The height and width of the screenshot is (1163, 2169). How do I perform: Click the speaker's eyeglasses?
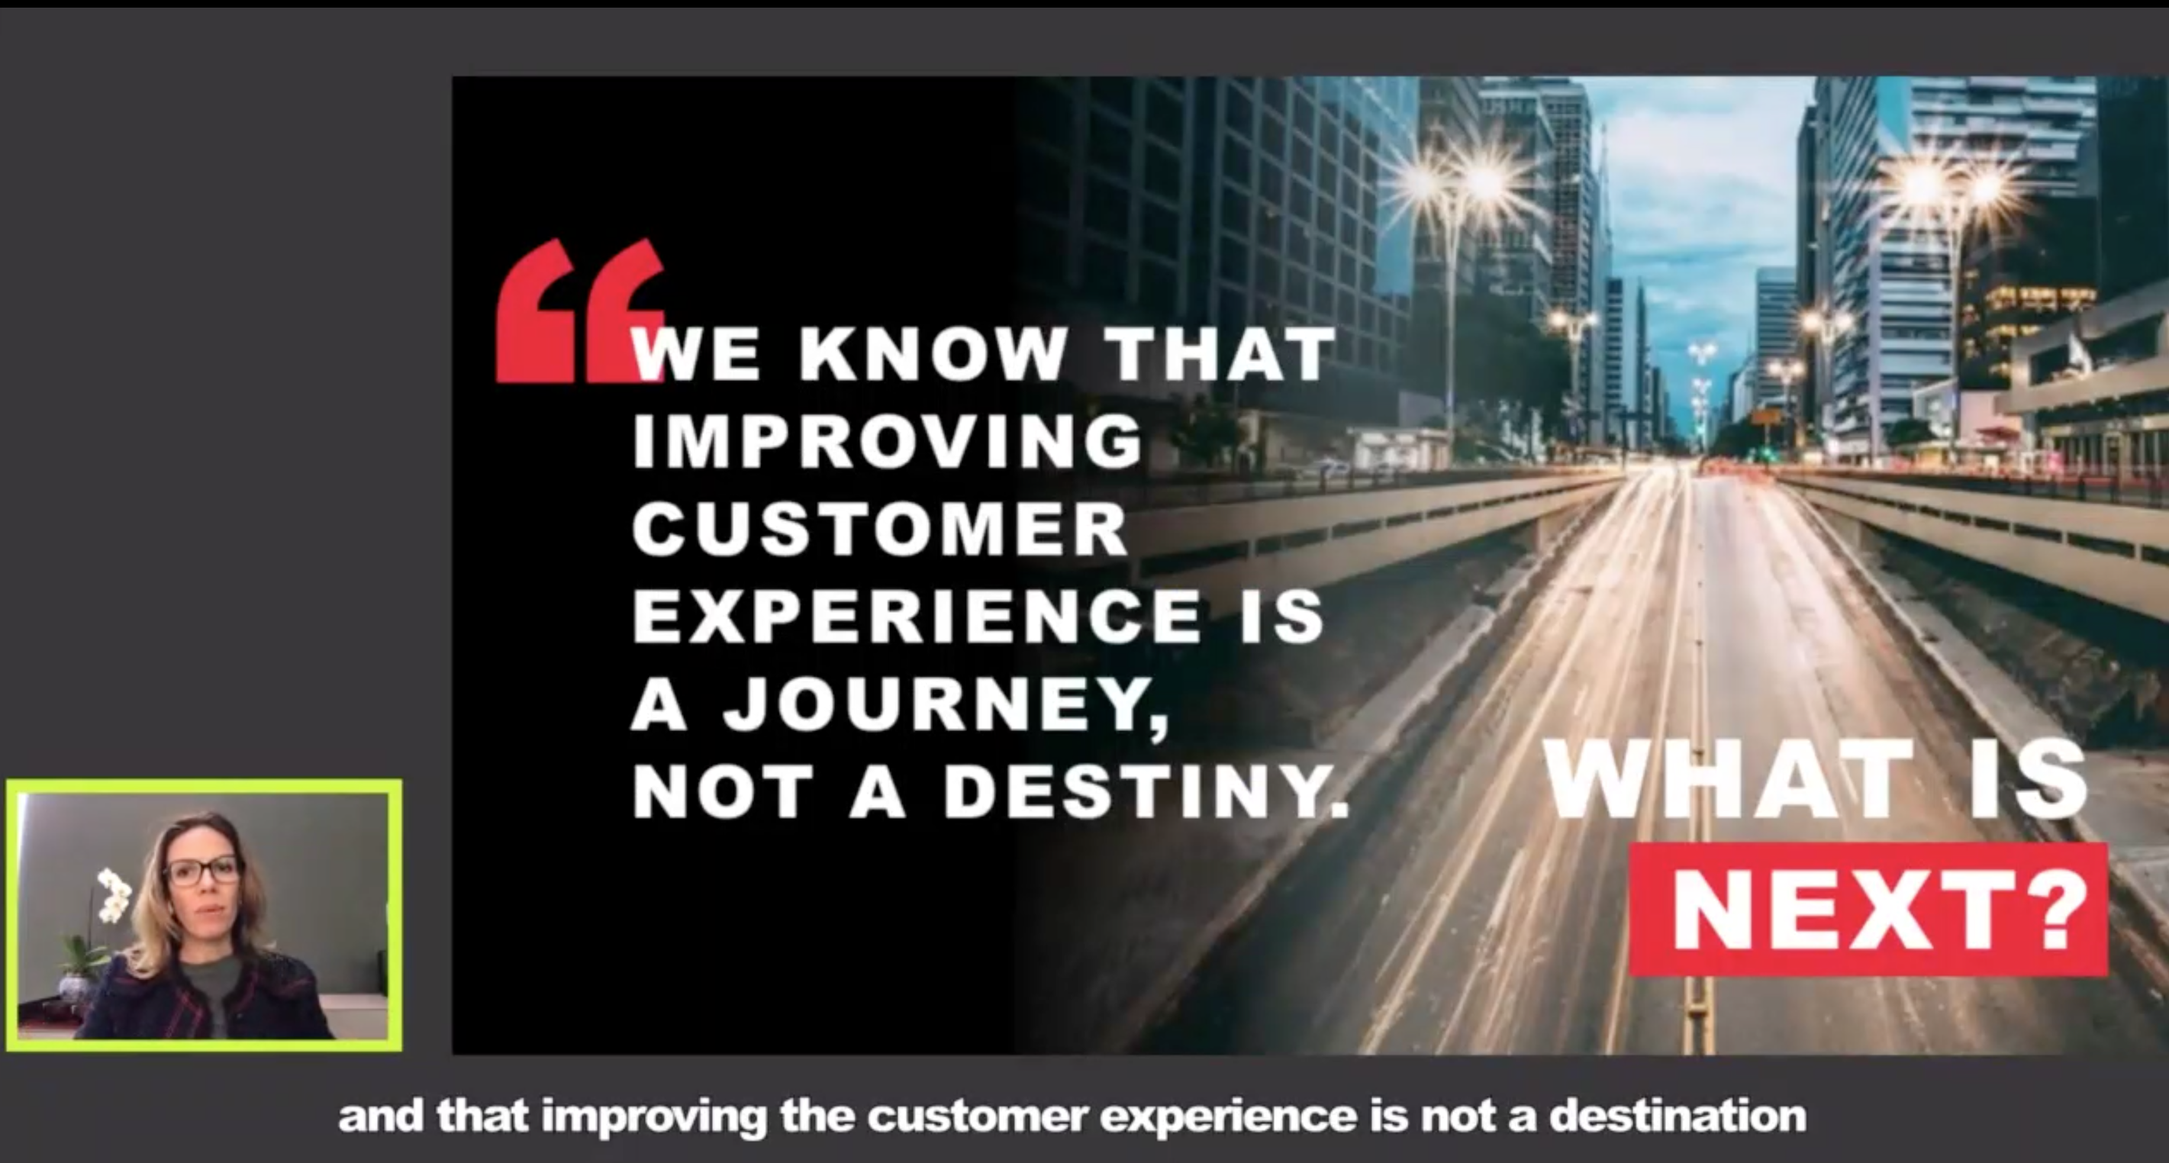pos(203,870)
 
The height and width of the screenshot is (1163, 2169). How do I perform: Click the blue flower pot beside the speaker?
pos(76,989)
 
